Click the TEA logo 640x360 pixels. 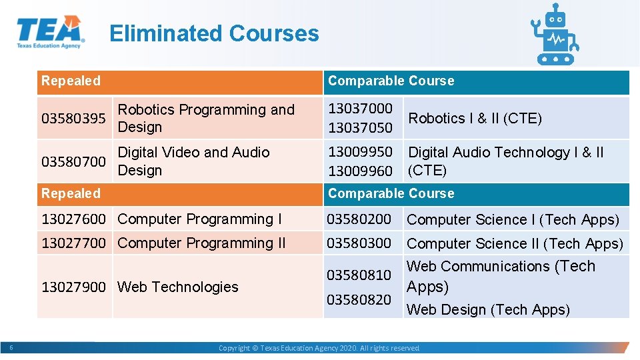coord(50,32)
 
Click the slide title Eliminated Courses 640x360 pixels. coord(214,33)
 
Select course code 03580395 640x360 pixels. coord(73,119)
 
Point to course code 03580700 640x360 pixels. coord(73,161)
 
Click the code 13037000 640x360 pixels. coord(360,108)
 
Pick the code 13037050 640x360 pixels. coord(360,127)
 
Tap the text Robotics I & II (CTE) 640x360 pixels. coord(475,118)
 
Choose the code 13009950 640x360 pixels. coord(360,152)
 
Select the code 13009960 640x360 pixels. coord(360,171)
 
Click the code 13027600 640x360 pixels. coord(73,219)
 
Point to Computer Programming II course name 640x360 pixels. coord(201,243)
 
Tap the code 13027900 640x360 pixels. coord(73,287)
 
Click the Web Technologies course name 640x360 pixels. coord(177,287)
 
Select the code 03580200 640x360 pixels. coord(359,219)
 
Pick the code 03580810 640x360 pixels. coord(359,275)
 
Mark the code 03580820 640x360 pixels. coord(359,299)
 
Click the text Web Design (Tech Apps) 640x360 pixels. coord(488,309)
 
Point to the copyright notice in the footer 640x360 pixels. coord(319,348)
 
